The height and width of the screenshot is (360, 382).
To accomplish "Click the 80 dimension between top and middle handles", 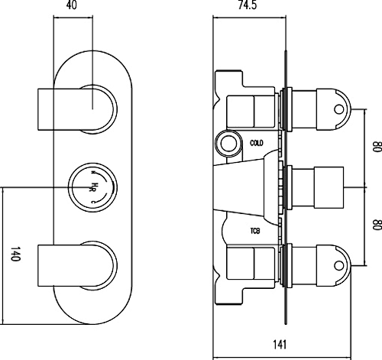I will click(374, 148).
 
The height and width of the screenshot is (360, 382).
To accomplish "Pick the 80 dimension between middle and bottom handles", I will click(374, 225).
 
